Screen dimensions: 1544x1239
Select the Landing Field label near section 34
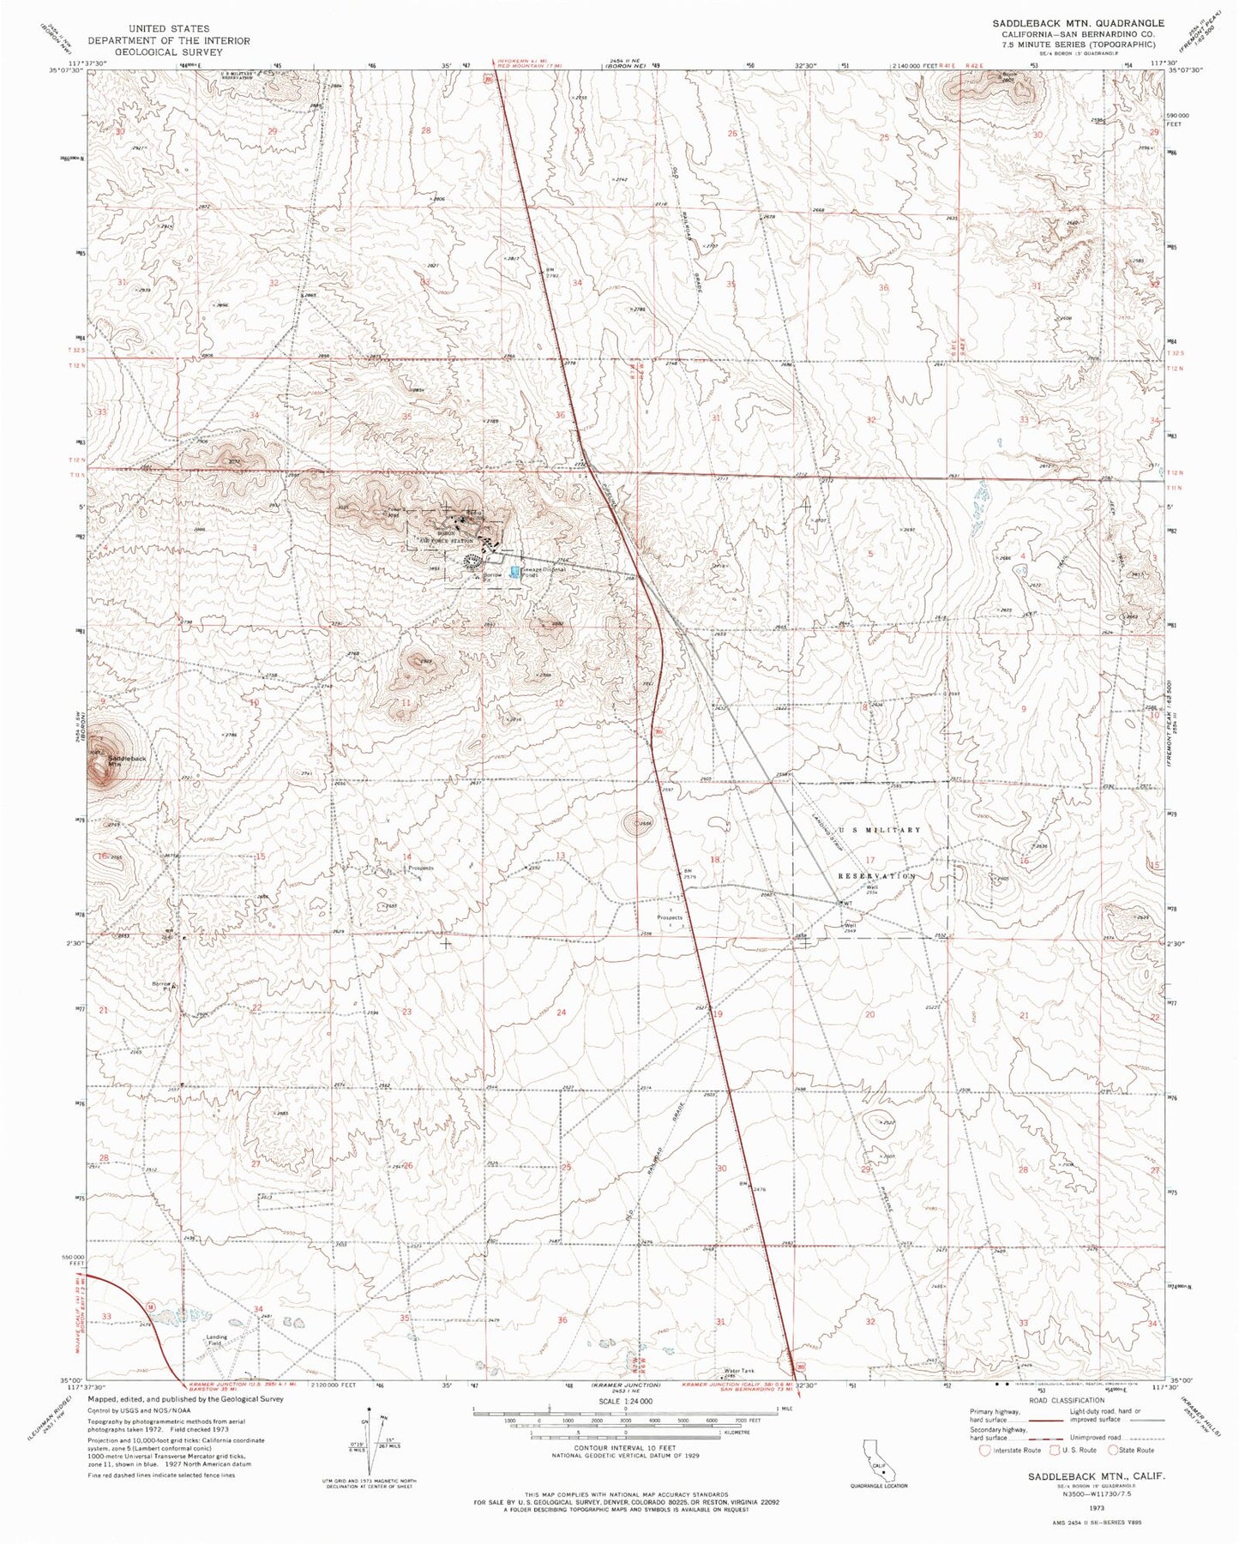pos(216,1341)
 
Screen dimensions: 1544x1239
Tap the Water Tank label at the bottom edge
pos(742,1371)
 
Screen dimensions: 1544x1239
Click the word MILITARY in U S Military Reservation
pos(895,830)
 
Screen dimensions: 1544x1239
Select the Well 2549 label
pos(851,925)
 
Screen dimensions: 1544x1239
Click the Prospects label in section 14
pos(420,868)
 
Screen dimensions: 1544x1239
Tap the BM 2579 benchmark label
pos(689,874)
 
